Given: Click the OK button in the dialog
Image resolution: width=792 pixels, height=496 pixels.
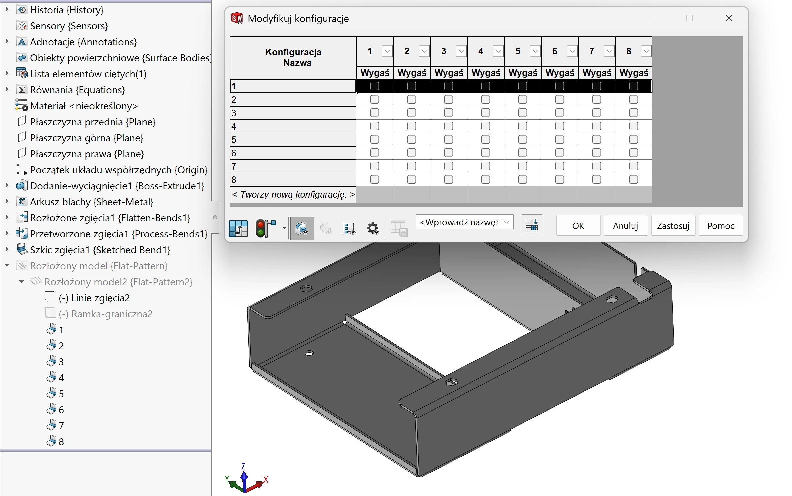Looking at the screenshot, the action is click(578, 226).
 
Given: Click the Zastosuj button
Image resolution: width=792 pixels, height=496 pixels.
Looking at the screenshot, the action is click(673, 226).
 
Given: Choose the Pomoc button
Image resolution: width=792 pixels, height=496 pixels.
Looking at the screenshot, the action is click(721, 226).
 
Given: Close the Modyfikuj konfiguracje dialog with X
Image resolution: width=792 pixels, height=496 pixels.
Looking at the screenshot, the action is click(729, 18).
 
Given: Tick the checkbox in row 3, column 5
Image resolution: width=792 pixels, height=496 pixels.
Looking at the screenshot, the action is click(523, 113).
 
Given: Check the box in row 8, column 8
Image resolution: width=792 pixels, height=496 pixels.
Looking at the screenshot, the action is click(634, 179).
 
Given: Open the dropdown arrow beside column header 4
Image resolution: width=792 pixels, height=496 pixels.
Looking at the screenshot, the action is click(498, 51).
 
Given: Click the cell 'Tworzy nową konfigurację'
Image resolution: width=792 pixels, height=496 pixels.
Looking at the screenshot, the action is click(293, 194).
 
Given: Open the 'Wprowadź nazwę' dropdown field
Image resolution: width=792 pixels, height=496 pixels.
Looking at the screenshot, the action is click(465, 222).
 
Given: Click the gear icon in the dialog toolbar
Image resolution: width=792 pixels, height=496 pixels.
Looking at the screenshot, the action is click(373, 228).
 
